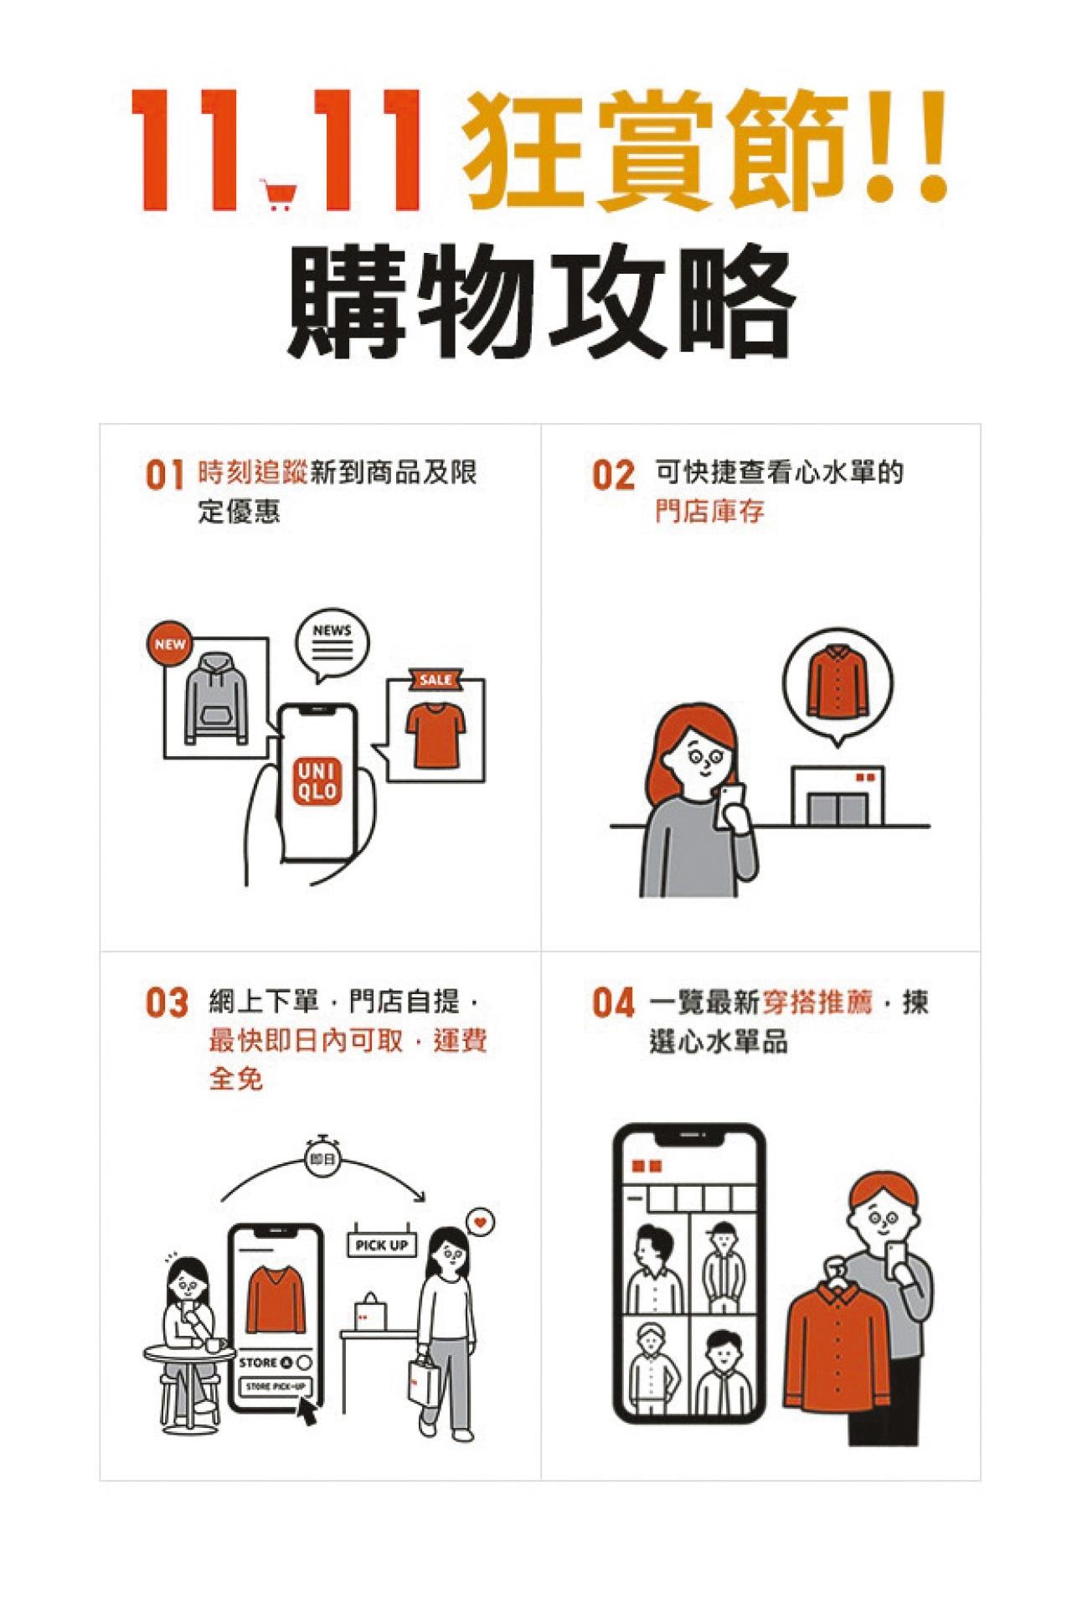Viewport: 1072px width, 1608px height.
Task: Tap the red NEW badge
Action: coord(170,644)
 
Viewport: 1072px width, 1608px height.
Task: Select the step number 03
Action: coord(167,1003)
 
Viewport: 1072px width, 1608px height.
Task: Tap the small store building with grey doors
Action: coord(837,794)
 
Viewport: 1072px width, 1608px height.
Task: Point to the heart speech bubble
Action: coord(480,1223)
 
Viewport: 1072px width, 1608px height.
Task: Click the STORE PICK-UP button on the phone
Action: coord(276,1387)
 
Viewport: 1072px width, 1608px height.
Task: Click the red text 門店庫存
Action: coord(709,513)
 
